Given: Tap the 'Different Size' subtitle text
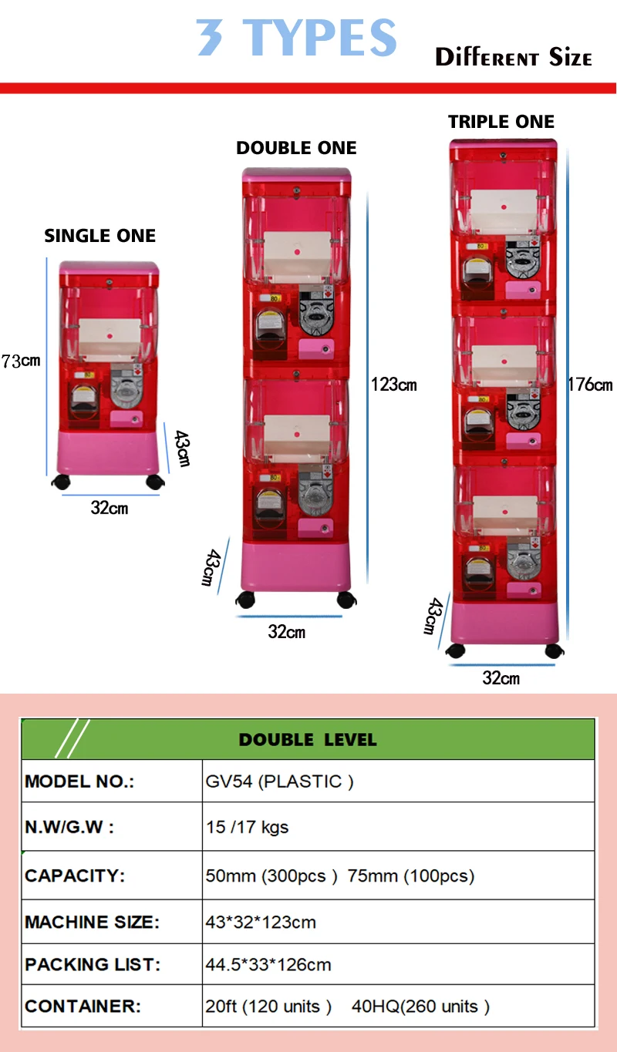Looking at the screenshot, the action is [x=513, y=58].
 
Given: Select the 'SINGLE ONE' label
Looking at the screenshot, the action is [x=100, y=236].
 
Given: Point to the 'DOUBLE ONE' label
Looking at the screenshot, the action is [x=297, y=148].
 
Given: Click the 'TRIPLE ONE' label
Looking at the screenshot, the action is [x=501, y=122].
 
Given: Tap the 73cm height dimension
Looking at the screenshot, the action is [x=21, y=361].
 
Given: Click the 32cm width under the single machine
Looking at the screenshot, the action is [x=110, y=508].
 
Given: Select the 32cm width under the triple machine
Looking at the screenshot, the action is [x=501, y=678].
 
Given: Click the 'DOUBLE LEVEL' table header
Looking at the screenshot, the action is [x=308, y=740].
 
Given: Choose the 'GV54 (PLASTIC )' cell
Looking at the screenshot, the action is [x=279, y=781].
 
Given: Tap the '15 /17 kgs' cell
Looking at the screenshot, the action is [x=247, y=828].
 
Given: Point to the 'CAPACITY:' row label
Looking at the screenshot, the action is [x=75, y=876].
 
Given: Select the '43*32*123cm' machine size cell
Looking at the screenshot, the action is [x=261, y=922].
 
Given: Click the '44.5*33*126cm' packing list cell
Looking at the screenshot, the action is [x=268, y=965].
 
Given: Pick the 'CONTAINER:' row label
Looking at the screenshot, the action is [x=83, y=1007].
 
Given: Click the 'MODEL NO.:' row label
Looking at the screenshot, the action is [x=79, y=781].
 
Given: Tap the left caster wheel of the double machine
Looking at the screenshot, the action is [x=246, y=600].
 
